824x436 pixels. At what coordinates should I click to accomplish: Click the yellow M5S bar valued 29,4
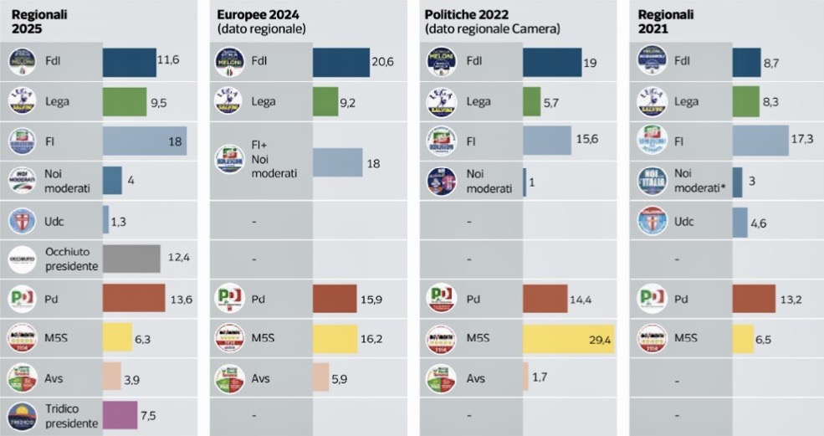pyautogui.click(x=568, y=339)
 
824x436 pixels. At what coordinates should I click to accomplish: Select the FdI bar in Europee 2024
pyautogui.click(x=340, y=62)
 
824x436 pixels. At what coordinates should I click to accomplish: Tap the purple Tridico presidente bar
pyautogui.click(x=120, y=415)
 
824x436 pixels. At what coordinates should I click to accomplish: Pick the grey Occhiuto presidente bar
pyautogui.click(x=131, y=259)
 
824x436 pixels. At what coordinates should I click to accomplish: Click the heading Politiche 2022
pyautogui.click(x=470, y=15)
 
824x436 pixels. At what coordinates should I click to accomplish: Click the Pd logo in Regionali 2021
pyautogui.click(x=652, y=298)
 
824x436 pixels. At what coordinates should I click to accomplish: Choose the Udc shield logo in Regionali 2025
pyautogui.click(x=21, y=220)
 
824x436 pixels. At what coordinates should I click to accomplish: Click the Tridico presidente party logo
pyautogui.click(x=21, y=416)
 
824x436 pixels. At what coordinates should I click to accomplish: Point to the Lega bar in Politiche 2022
pyautogui.click(x=531, y=102)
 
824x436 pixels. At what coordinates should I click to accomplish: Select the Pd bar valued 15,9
pyautogui.click(x=334, y=299)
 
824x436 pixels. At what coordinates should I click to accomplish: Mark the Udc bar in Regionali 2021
pyautogui.click(x=740, y=222)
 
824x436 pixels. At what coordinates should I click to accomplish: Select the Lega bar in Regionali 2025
pyautogui.click(x=125, y=102)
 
